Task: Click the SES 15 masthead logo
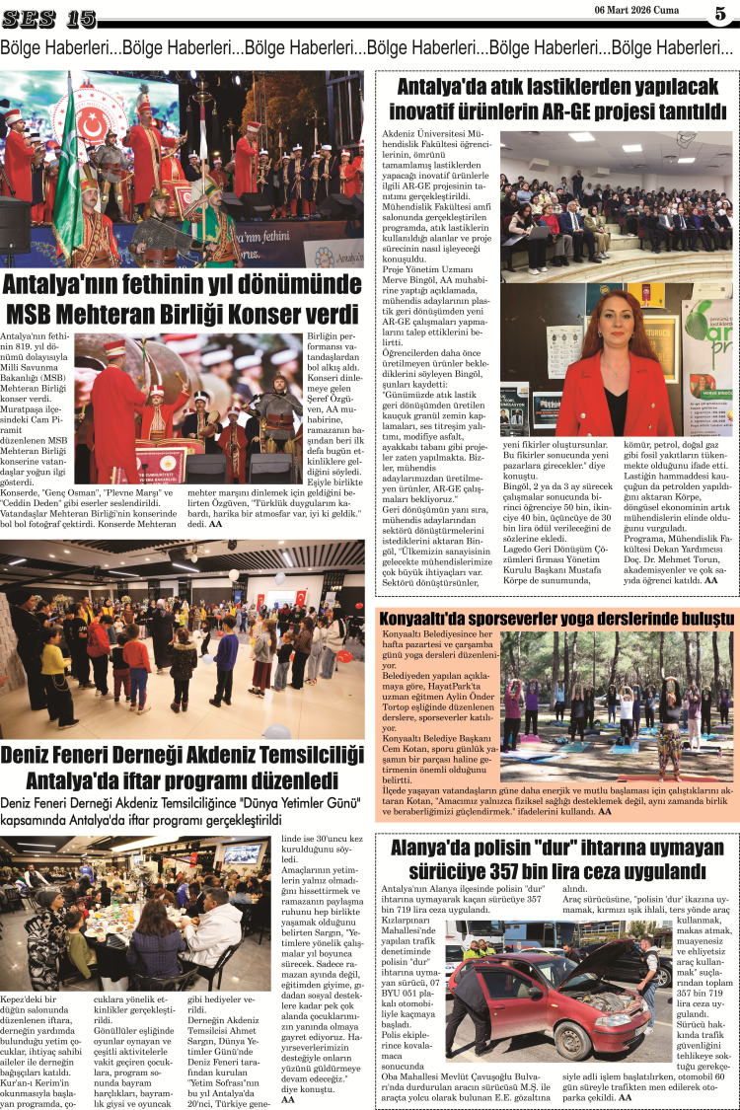pos(48,18)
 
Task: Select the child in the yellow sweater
pos(54,661)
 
